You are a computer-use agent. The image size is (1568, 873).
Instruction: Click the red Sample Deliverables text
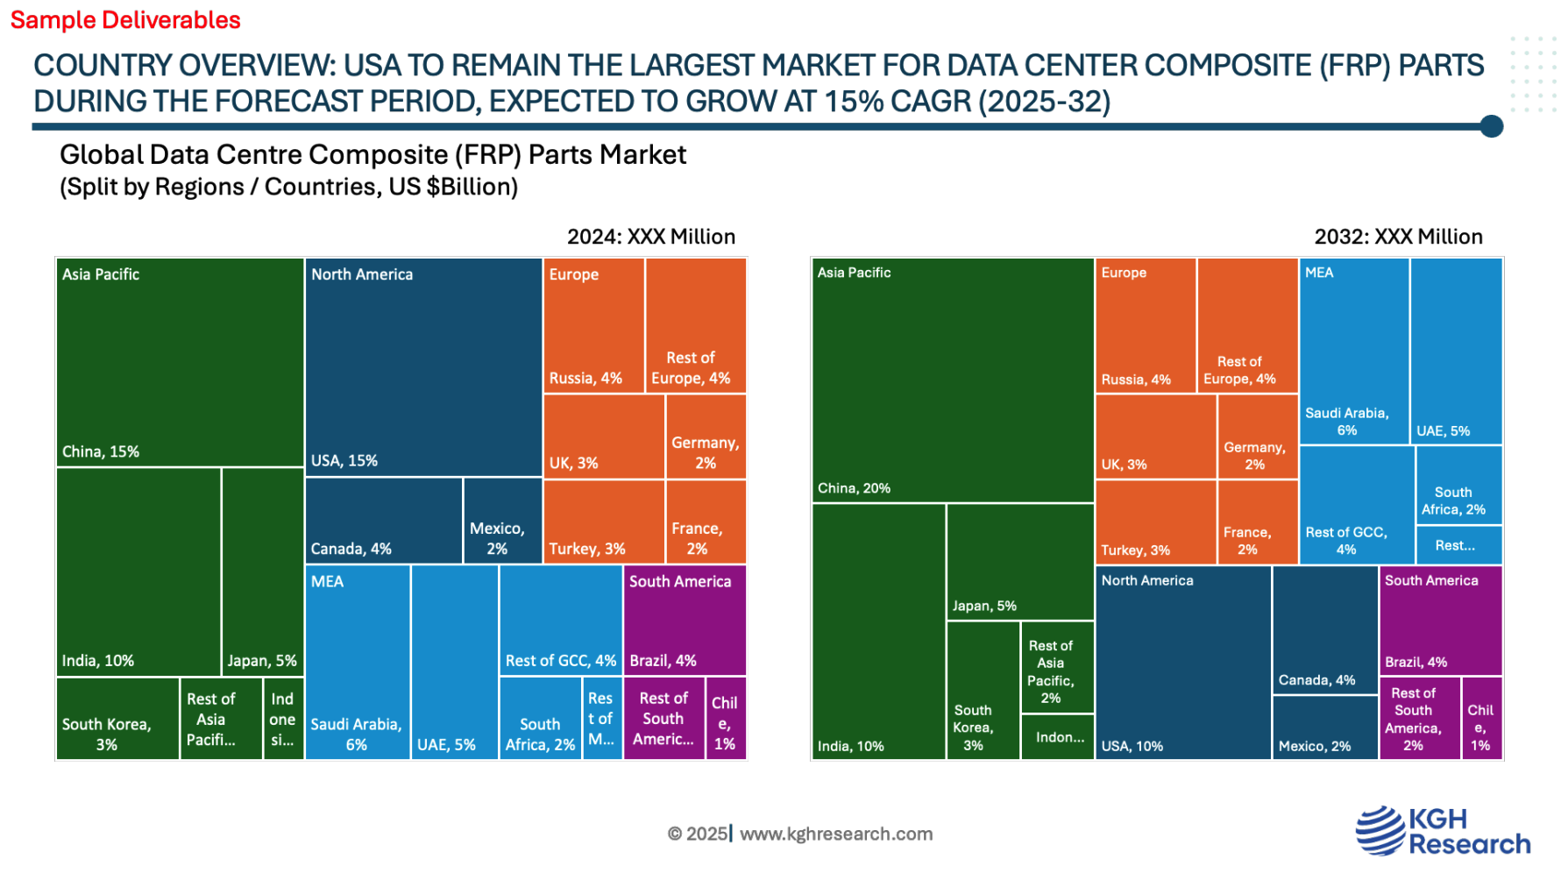(125, 20)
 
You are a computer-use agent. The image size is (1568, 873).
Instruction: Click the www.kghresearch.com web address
(835, 834)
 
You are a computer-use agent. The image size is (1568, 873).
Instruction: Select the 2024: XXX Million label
(650, 237)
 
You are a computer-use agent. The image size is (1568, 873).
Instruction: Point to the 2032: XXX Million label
(1398, 237)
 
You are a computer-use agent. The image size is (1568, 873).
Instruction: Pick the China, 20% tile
(953, 380)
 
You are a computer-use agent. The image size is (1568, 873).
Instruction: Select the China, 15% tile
(180, 361)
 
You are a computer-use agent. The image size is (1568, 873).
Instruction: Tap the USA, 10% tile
(1182, 662)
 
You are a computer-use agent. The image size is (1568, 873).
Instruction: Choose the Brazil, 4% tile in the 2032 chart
(1440, 621)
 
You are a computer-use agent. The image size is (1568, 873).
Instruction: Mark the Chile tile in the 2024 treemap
(725, 718)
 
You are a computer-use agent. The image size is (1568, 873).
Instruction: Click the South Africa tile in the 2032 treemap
(1458, 485)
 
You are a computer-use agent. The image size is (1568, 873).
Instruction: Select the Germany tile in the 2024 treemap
(706, 436)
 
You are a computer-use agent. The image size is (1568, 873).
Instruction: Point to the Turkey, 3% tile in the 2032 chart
(1155, 522)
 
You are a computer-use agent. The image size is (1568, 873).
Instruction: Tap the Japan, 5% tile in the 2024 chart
(262, 571)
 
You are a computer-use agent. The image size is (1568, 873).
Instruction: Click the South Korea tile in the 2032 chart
(983, 690)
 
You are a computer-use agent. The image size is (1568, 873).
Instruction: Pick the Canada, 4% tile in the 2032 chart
(1324, 630)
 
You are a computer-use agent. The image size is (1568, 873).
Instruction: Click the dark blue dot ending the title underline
(1491, 126)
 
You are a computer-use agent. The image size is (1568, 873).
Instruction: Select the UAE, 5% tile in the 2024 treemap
(454, 662)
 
